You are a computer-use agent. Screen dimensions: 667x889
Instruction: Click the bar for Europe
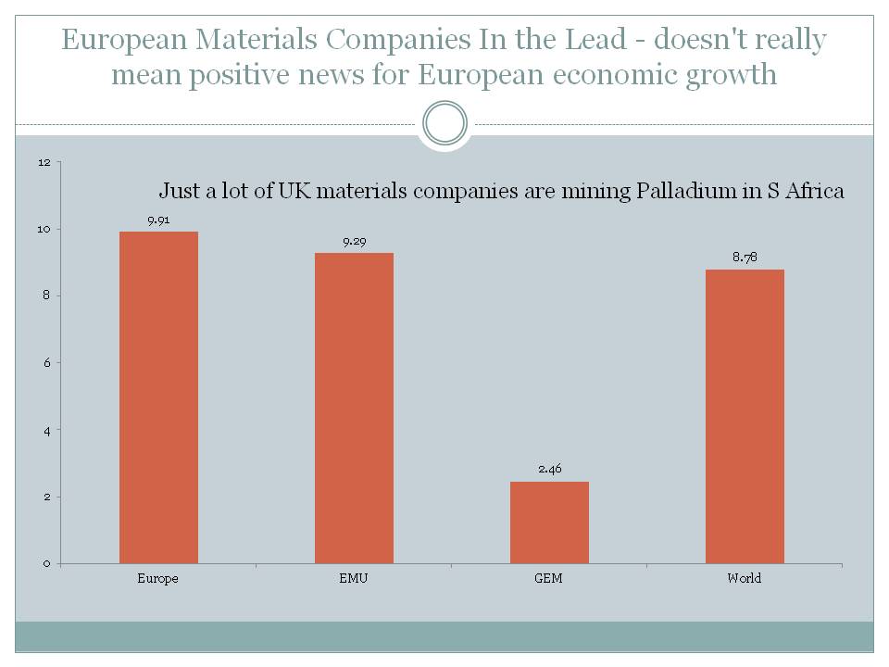(158, 397)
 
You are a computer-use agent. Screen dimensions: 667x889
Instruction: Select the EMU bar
(354, 408)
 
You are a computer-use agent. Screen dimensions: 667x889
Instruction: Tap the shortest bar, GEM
(549, 522)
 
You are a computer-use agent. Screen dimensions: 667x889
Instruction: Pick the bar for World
(745, 416)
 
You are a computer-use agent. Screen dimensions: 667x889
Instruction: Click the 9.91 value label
(158, 220)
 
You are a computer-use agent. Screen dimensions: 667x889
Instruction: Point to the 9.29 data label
(354, 242)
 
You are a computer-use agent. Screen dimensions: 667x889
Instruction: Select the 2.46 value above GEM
(549, 470)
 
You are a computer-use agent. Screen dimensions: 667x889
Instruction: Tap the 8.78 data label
(745, 258)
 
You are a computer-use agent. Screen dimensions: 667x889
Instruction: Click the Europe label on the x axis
(158, 578)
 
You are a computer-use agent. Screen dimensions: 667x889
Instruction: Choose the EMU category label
(354, 578)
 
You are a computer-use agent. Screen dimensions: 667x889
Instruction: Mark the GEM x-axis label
(549, 578)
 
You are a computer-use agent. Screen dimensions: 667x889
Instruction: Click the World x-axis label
(745, 578)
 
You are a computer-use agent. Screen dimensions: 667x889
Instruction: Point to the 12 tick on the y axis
(44, 162)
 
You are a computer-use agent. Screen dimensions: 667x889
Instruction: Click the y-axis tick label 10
(44, 229)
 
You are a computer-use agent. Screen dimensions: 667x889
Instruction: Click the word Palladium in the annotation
(681, 192)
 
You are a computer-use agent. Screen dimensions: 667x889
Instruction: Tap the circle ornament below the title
(444, 123)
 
